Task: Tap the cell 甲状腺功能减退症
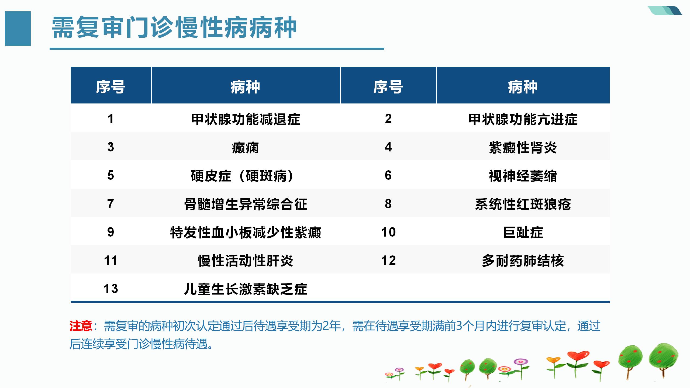[x=246, y=119]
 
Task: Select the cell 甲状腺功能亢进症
[x=523, y=119]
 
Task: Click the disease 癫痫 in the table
[x=245, y=148]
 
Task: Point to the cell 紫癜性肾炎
[x=523, y=148]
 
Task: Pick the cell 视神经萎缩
[x=523, y=176]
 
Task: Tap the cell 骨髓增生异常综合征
[x=246, y=204]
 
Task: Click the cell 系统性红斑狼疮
[x=523, y=204]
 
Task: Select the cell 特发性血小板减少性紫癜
[x=246, y=233]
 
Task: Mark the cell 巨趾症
[x=523, y=233]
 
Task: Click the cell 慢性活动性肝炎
[x=246, y=261]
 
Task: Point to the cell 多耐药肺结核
[x=523, y=261]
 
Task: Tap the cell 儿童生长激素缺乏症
[x=246, y=289]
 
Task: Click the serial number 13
[x=111, y=289]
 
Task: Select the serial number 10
[x=388, y=232]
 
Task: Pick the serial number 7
[x=111, y=204]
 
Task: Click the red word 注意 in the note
[x=81, y=326]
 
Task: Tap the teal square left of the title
[x=18, y=29]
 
